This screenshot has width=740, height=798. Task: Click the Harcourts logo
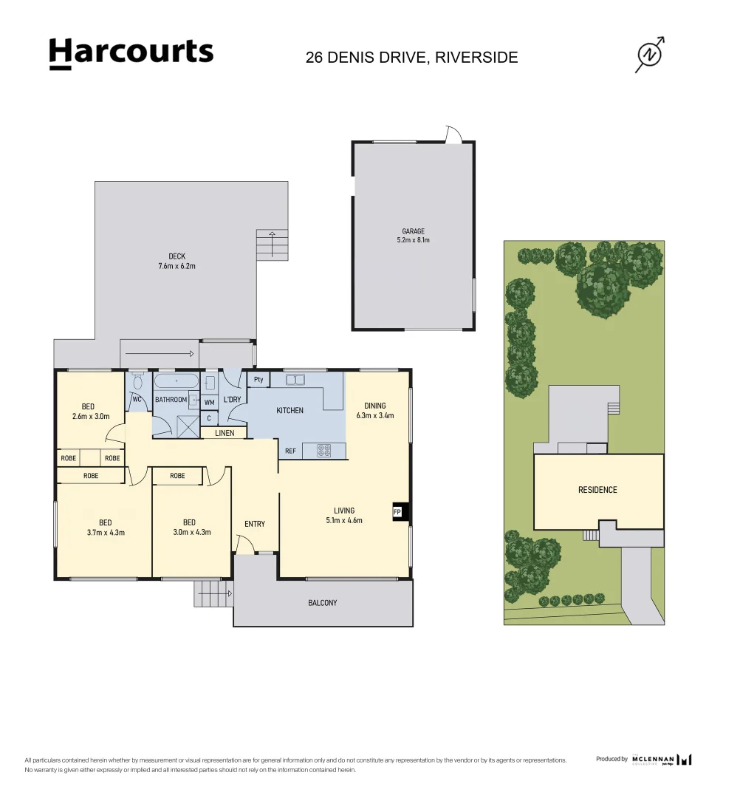point(131,53)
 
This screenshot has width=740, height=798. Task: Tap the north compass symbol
point(650,55)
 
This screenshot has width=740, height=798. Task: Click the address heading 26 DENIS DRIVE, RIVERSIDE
point(411,58)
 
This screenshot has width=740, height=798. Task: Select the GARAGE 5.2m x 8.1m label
point(413,236)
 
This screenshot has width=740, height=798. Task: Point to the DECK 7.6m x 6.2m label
point(177,261)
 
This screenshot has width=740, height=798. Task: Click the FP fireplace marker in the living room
point(397,511)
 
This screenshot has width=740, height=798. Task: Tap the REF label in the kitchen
point(291,450)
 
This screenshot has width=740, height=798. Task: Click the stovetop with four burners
point(324,449)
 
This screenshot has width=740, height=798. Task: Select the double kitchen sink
point(296,381)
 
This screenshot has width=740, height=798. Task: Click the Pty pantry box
point(258,380)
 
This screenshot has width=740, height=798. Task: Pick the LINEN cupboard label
point(225,433)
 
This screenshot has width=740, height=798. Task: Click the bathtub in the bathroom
point(176,383)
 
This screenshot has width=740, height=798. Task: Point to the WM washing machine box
point(209,403)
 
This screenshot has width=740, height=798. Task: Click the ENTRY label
point(255,524)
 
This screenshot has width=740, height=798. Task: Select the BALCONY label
point(322,603)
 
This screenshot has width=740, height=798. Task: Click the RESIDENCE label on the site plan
point(597,490)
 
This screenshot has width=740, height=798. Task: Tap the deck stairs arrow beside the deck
point(273,243)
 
